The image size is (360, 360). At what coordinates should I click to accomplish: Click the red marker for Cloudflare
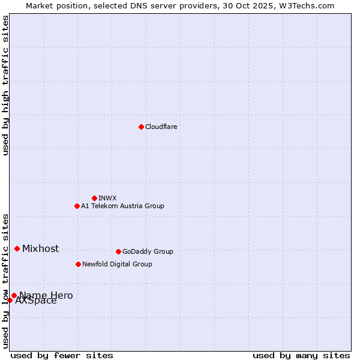(141, 127)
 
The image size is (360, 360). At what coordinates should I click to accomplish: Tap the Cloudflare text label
(161, 127)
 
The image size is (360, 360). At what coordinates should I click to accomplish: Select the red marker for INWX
(94, 198)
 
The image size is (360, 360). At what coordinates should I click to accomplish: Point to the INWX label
(107, 198)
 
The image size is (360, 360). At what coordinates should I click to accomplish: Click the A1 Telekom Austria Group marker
(77, 206)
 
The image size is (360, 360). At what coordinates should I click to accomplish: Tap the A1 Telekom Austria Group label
(122, 206)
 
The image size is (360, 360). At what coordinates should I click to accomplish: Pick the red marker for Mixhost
(17, 248)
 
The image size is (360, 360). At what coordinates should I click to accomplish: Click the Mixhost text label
(40, 248)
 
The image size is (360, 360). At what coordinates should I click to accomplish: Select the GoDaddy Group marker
(118, 251)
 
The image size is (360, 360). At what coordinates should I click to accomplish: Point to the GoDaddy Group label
(148, 251)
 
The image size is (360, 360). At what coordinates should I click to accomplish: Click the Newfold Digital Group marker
(78, 264)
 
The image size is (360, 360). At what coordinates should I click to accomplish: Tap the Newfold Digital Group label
(117, 264)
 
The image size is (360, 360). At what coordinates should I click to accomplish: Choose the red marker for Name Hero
(14, 295)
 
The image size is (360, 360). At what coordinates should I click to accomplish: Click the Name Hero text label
(46, 295)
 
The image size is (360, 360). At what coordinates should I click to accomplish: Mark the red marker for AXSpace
(10, 300)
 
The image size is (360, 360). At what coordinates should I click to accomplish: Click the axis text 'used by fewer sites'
(62, 355)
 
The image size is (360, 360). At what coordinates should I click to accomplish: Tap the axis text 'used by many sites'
(301, 355)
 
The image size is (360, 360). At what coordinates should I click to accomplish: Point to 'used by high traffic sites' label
(5, 85)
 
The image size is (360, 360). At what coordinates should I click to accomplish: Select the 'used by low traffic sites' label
(5, 280)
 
